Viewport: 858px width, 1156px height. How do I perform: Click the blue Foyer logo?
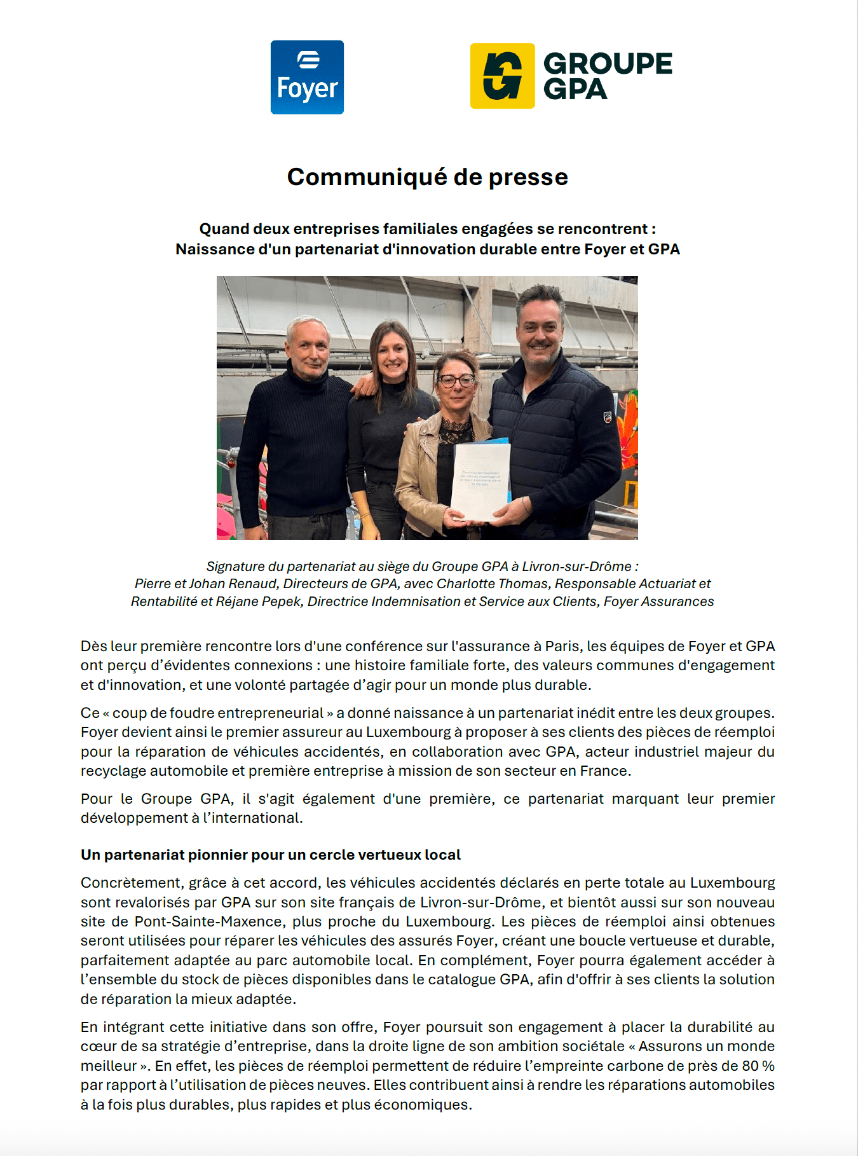307,78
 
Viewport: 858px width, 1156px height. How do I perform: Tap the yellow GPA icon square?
502,76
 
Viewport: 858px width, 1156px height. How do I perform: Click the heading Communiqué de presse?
427,177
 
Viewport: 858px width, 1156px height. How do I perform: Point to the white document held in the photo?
480,481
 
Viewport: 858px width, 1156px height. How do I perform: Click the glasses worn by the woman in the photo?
456,381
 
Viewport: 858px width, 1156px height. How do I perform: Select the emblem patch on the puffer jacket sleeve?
607,417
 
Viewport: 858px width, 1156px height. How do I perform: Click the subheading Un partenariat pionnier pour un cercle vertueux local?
270,855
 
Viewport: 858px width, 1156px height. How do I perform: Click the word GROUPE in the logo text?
608,64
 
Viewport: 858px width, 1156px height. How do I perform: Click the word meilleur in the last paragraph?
109,1066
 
